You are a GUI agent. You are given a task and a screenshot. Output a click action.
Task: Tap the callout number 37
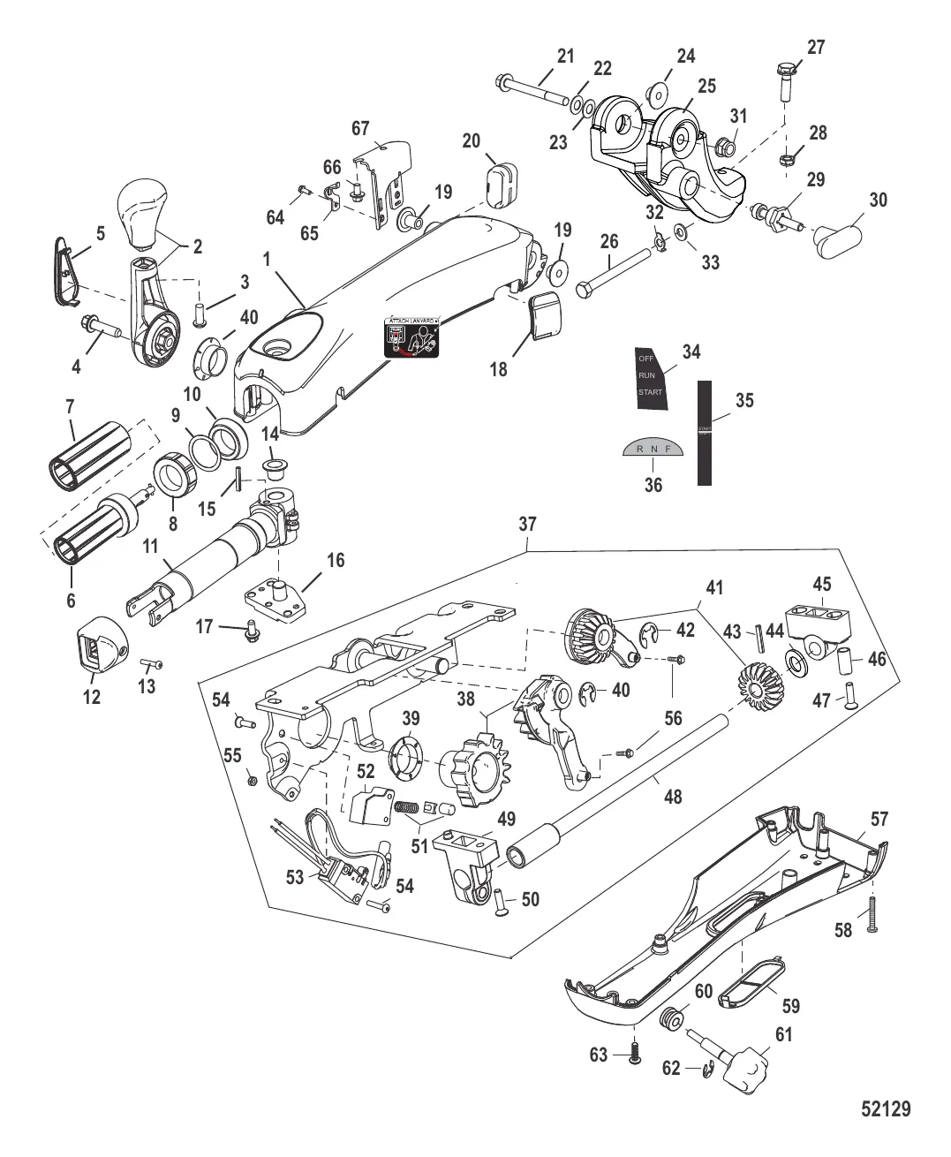point(527,524)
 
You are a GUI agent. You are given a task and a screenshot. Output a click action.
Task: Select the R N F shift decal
point(650,450)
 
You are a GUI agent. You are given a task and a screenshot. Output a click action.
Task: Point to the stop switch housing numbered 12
point(99,649)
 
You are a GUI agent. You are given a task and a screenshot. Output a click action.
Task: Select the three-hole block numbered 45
point(819,624)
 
